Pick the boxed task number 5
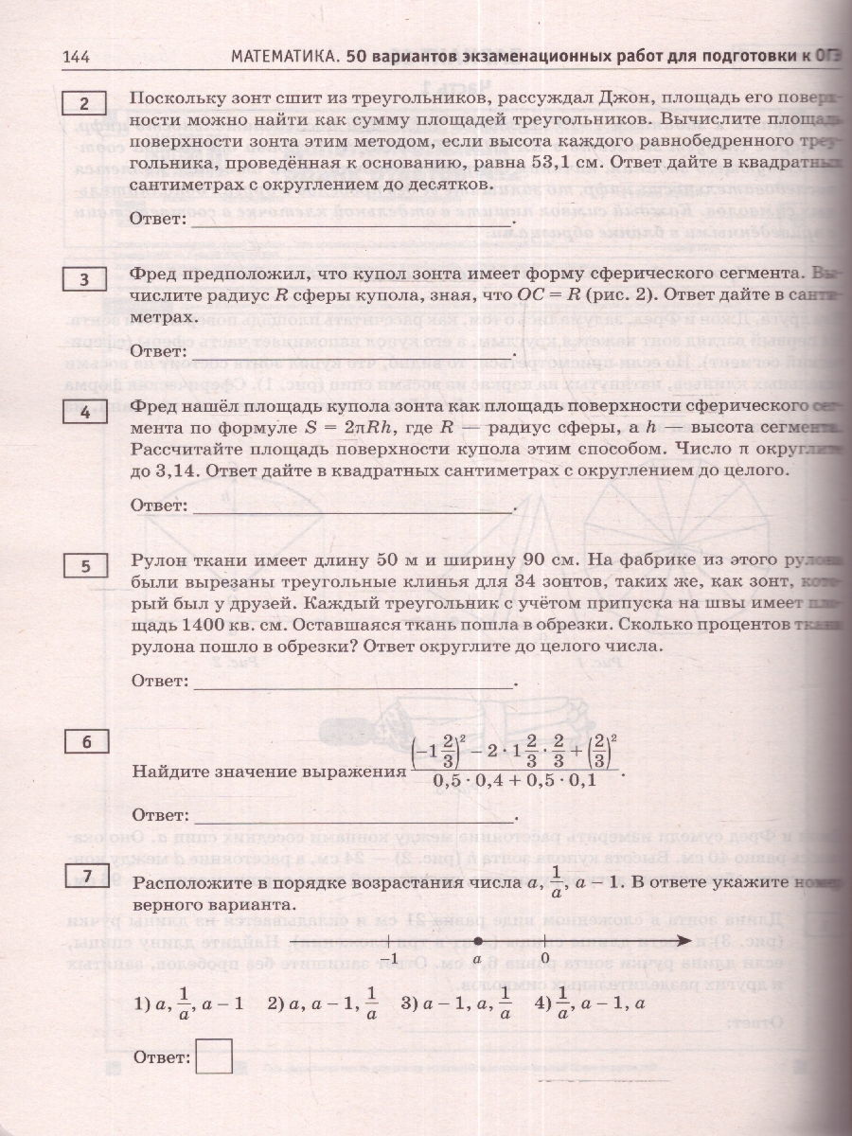click(x=85, y=566)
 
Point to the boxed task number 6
click(x=85, y=742)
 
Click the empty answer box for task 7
click(x=213, y=1056)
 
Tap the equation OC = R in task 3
click(x=546, y=294)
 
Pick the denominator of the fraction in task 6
click(x=515, y=780)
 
